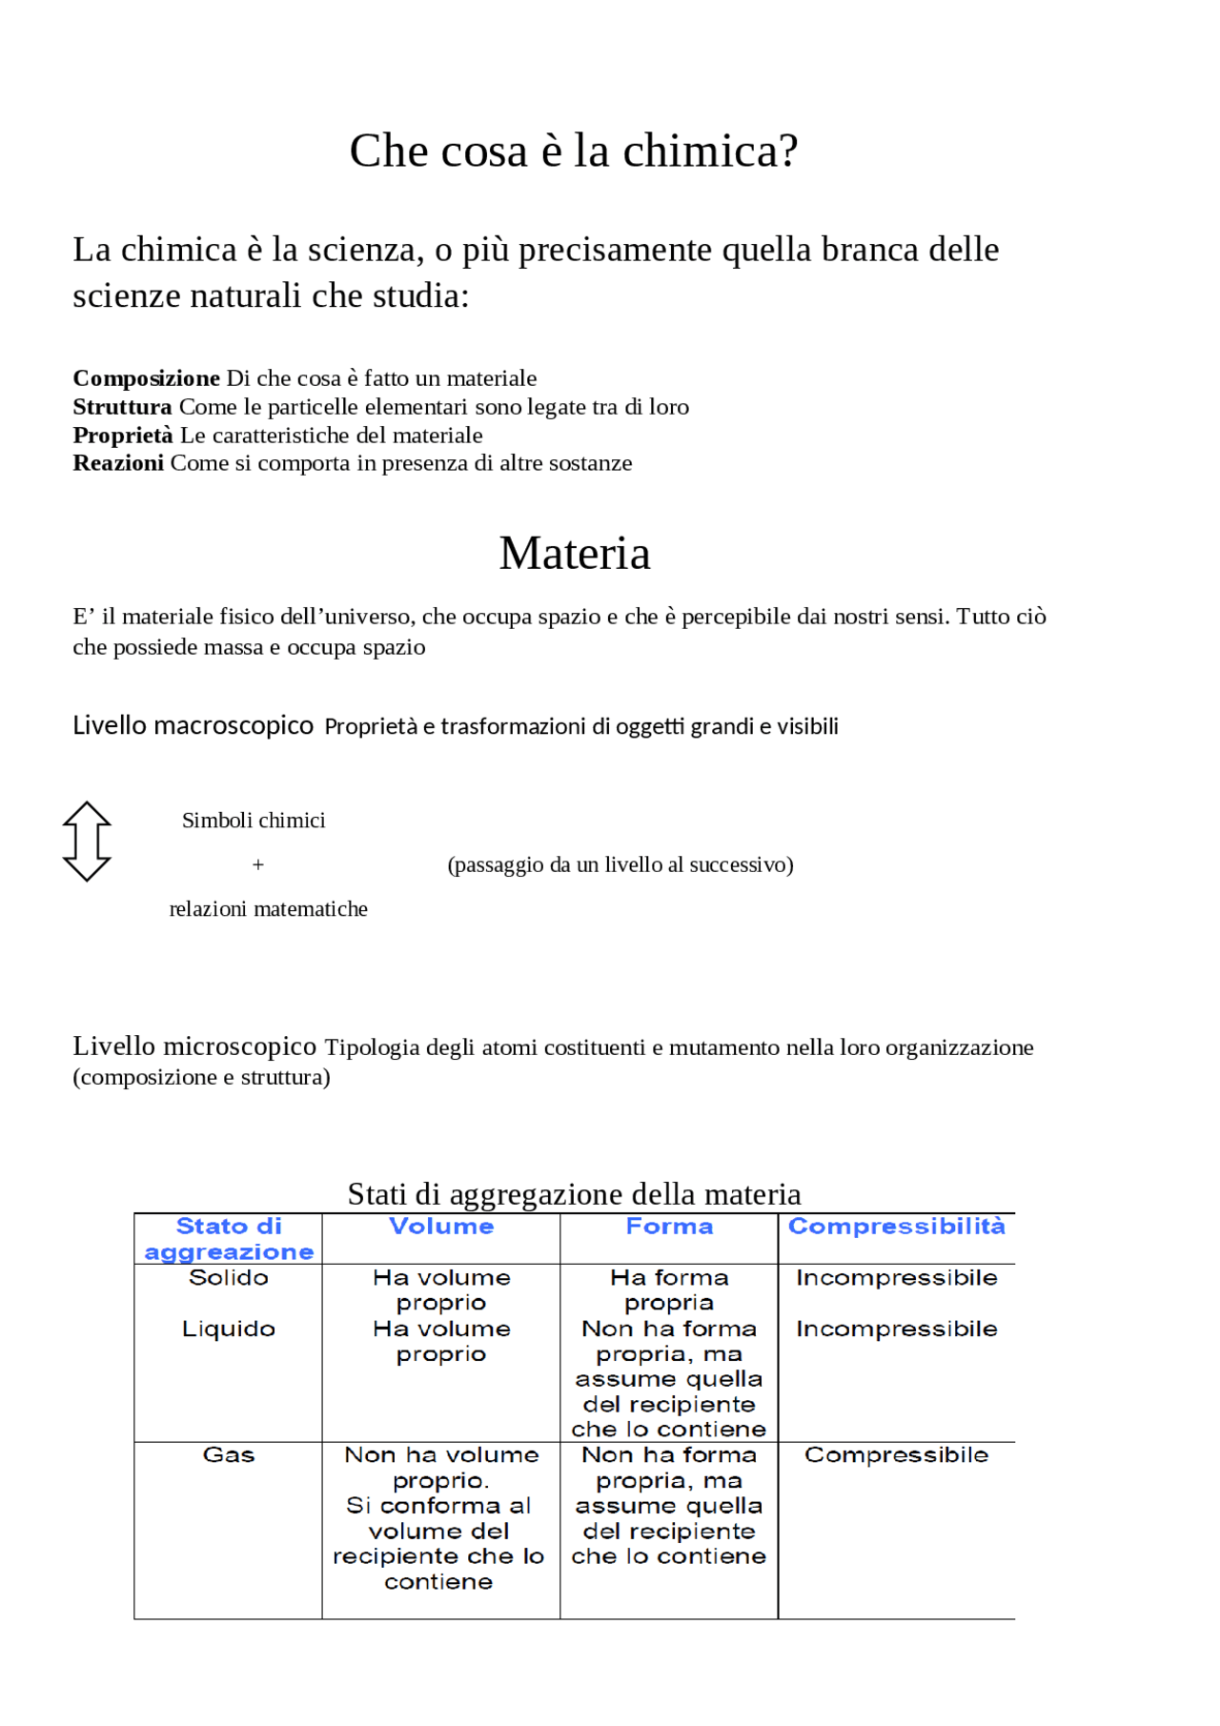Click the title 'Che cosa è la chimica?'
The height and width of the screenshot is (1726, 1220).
coord(573,151)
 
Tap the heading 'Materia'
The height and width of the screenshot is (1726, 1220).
coord(575,553)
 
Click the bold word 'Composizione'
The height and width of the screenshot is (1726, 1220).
coord(146,378)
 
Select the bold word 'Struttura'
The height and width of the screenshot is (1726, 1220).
coord(122,407)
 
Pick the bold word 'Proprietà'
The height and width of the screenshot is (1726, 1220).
coord(123,436)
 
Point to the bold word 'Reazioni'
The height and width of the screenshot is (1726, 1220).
coord(118,463)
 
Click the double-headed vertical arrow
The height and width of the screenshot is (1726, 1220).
coord(87,841)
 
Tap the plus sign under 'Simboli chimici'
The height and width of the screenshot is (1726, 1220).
coord(257,864)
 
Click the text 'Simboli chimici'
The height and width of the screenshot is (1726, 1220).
coord(254,821)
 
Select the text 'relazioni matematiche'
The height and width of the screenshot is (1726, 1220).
coord(268,909)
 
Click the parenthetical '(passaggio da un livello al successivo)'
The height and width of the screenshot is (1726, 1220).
coord(620,864)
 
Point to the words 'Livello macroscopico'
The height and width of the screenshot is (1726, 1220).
coord(193,725)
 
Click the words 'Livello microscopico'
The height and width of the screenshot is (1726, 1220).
coord(194,1046)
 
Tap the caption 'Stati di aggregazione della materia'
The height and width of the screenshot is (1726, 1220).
coord(574,1193)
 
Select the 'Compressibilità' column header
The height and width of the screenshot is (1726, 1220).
coord(896,1227)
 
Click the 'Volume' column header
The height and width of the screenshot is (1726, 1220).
coord(441,1227)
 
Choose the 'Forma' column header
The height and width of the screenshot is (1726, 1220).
coord(669,1227)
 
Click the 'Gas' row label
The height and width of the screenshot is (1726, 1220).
coord(229,1455)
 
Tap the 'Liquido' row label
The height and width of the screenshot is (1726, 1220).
coord(229,1329)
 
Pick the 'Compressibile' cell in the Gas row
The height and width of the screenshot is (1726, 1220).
coord(896,1455)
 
